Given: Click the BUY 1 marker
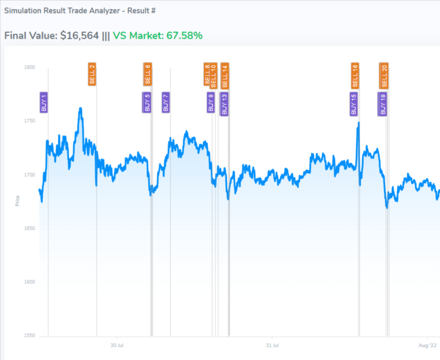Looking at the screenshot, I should (x=44, y=102).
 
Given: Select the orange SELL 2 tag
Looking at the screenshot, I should (x=92, y=74).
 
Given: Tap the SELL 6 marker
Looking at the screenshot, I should (x=148, y=74).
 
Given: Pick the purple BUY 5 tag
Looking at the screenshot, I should (x=147, y=102).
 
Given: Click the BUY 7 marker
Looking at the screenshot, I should (x=166, y=102).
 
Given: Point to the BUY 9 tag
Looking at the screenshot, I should (x=211, y=102).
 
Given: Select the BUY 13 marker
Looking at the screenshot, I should (x=224, y=104).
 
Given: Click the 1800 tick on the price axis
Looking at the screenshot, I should (x=29, y=67).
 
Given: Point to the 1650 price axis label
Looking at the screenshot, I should (x=29, y=228).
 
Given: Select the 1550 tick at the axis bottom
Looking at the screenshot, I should (x=29, y=336).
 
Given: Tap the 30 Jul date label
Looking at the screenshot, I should (x=117, y=345).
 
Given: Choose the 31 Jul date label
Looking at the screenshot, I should (x=272, y=345).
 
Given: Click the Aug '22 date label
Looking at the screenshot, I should (x=427, y=345).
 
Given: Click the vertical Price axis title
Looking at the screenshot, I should (x=17, y=200).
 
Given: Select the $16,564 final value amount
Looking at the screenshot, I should (x=79, y=36).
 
